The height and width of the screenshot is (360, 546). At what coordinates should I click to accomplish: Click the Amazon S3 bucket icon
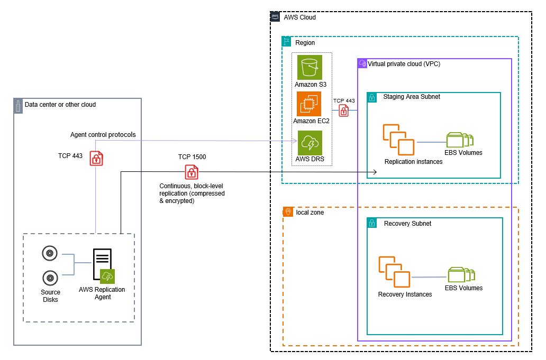tap(309, 67)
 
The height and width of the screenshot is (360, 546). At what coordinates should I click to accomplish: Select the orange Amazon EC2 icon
tap(309, 104)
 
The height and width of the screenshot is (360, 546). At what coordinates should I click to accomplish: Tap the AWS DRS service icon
tap(309, 142)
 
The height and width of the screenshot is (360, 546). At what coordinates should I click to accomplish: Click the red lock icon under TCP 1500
tap(192, 171)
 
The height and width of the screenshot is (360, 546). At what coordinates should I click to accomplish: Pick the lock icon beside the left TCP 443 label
tap(96, 158)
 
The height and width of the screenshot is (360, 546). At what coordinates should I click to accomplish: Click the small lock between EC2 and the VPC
tap(344, 110)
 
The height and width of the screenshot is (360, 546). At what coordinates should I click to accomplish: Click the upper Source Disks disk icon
tap(50, 254)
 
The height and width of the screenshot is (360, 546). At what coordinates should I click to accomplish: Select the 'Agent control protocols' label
tap(103, 135)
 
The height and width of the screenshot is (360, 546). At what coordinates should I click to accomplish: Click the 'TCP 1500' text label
tap(192, 157)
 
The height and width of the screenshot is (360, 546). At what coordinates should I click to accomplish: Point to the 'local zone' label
tap(310, 212)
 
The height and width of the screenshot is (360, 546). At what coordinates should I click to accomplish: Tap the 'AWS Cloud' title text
tap(299, 17)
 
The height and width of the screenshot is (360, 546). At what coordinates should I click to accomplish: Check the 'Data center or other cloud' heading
tap(60, 105)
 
